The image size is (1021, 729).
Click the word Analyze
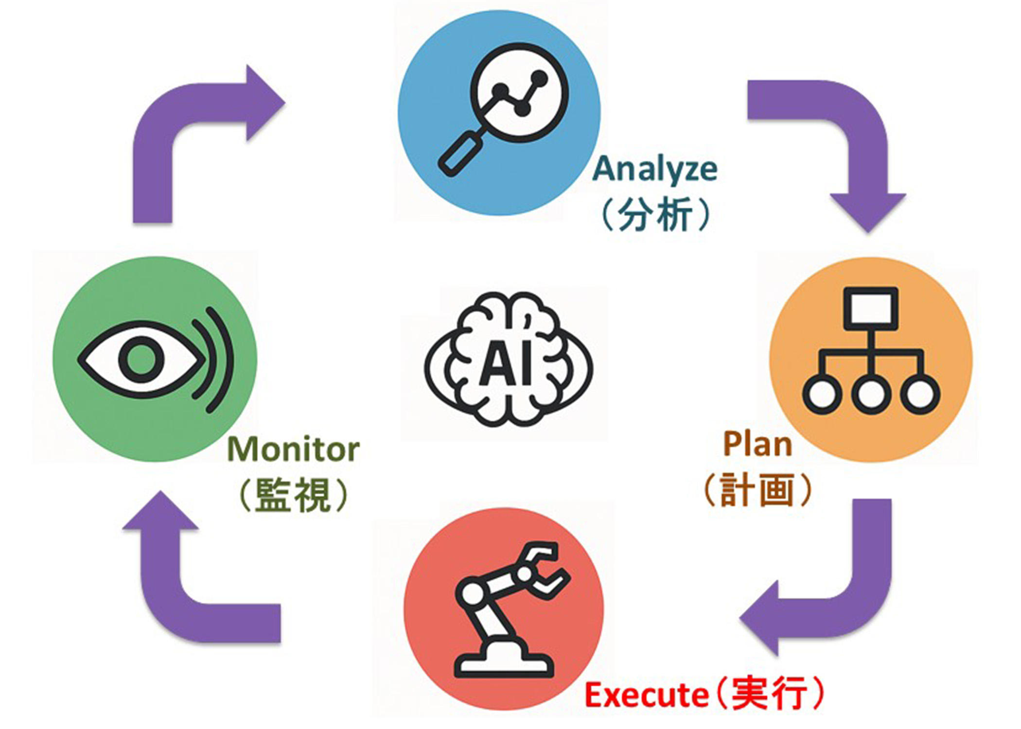(655, 169)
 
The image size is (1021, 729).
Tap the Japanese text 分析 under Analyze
(655, 214)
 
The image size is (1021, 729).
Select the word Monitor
(293, 449)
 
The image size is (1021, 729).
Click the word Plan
(757, 444)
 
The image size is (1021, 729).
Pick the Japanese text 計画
(757, 490)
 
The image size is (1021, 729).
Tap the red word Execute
(646, 695)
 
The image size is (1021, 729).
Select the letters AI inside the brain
(506, 363)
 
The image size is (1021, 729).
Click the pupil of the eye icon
(141, 360)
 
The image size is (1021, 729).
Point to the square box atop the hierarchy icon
(871, 308)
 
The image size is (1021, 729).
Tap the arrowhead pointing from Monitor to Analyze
(263, 103)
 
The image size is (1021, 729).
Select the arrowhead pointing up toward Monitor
(160, 513)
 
